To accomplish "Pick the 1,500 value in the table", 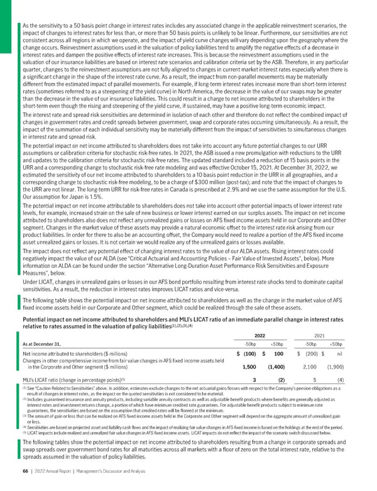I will click(248, 367).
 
